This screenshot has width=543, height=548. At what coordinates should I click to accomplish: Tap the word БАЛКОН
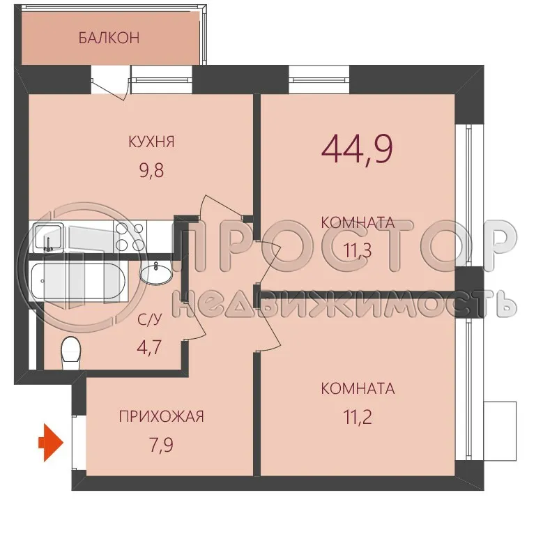[x=109, y=38]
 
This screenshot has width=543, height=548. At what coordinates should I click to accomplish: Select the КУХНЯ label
[x=151, y=142]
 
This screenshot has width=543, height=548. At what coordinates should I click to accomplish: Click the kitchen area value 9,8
[x=151, y=169]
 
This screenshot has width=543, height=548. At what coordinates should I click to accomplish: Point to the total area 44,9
[x=358, y=149]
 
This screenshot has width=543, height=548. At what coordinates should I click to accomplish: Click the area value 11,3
[x=356, y=248]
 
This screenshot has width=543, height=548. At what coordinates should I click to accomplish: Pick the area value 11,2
[x=356, y=416]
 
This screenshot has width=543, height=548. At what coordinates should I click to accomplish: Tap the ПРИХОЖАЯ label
[x=161, y=417]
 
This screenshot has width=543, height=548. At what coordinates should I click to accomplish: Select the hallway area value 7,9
[x=161, y=443]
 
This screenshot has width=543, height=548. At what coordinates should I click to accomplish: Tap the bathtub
[x=78, y=282]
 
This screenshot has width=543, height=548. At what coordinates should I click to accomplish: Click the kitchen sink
[x=49, y=237]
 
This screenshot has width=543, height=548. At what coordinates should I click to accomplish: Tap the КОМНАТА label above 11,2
[x=358, y=388]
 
